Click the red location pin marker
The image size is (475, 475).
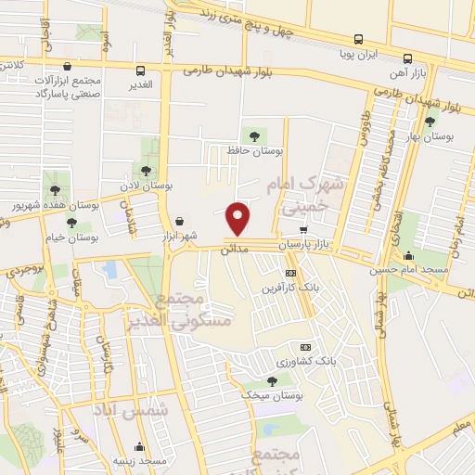click(238, 217)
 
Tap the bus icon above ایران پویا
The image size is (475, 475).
click(358, 40)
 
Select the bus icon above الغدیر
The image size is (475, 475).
click(140, 71)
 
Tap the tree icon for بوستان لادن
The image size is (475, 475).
click(146, 170)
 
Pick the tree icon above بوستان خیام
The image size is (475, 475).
click(72, 223)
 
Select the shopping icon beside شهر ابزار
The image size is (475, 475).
click(178, 221)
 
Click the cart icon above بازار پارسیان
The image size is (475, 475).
click(302, 229)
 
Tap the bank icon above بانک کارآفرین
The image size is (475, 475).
click(290, 273)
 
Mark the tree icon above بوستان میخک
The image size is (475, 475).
click(271, 380)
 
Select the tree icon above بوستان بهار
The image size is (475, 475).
click(429, 121)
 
